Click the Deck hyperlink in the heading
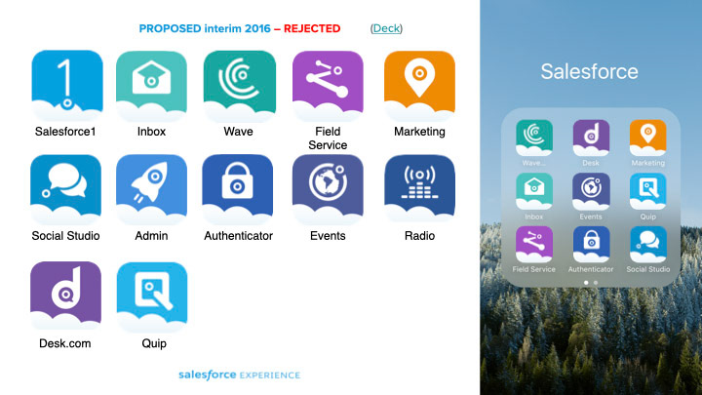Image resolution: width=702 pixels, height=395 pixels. [386, 28]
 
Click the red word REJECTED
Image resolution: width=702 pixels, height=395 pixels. [312, 28]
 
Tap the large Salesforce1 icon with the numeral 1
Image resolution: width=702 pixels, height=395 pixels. [67, 86]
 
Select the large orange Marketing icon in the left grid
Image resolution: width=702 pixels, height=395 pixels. [419, 86]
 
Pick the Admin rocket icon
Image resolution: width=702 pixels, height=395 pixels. [151, 189]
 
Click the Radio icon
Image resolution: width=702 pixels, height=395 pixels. [419, 189]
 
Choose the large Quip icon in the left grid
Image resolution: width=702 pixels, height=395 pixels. [152, 296]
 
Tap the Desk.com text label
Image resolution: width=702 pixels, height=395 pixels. [65, 343]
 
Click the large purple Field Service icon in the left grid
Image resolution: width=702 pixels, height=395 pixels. [328, 86]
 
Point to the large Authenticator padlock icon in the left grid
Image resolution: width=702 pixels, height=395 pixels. [238, 189]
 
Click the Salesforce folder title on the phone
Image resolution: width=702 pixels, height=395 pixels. [589, 71]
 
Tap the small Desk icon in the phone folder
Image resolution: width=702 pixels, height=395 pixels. [591, 138]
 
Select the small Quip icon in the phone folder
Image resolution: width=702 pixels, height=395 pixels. [647, 191]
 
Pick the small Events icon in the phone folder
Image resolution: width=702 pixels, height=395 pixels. [591, 191]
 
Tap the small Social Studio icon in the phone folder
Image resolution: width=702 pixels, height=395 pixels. [647, 244]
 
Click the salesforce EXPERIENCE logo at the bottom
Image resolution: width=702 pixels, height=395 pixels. [240, 375]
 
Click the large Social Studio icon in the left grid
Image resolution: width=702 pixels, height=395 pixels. [66, 189]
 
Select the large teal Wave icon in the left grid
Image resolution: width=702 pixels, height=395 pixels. [240, 86]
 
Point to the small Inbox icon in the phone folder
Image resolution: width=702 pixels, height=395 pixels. [534, 191]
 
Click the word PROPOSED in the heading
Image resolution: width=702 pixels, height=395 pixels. [170, 28]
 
